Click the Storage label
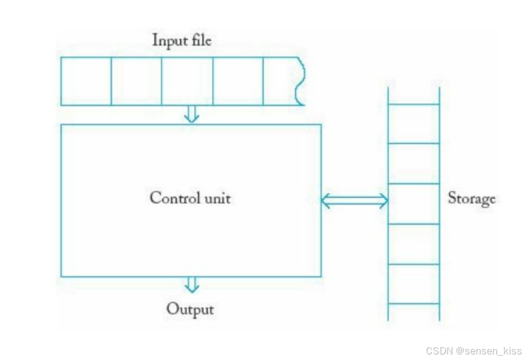click(471, 199)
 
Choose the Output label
click(190, 308)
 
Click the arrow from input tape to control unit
click(192, 114)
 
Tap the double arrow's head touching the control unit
click(326, 201)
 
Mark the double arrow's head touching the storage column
click(383, 201)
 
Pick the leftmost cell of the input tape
click(86, 81)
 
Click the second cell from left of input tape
click(136, 81)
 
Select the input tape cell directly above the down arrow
click(187, 81)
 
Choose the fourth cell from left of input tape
click(238, 81)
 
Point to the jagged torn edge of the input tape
click(299, 81)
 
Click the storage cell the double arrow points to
click(414, 204)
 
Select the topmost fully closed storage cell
click(414, 123)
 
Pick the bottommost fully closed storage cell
click(414, 284)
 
